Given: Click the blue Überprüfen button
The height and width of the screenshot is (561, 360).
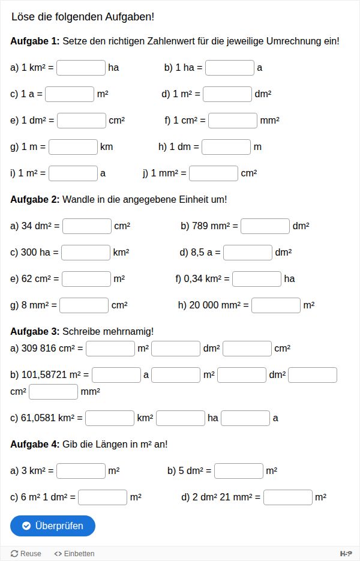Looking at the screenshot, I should coord(53,526).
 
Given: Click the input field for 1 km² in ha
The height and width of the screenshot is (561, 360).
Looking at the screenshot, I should coord(81,68).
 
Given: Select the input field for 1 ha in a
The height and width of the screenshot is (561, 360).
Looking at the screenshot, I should coord(230,68).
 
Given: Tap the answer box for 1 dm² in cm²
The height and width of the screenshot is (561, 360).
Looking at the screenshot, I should coord(82,121).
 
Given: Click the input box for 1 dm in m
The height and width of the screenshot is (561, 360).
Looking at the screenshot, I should coord(226,147).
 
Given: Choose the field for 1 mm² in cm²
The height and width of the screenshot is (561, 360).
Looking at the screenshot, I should coord(214,173).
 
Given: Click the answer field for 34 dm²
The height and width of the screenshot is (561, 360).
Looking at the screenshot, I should coord(87,226).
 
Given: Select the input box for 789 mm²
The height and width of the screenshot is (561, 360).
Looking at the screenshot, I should coord(265,226).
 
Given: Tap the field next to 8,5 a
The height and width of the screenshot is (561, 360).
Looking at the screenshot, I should coord(248,253).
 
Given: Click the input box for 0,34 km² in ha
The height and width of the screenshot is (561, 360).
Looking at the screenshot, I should coord(257,279).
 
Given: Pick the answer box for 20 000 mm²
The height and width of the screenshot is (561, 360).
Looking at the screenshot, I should coord(276,305).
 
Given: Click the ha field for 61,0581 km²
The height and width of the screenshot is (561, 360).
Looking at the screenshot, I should coord(181,418).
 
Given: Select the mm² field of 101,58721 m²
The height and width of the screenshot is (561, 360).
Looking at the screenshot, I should coord(53,392).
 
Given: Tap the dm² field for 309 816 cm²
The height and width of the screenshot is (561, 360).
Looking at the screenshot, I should coord(176,349).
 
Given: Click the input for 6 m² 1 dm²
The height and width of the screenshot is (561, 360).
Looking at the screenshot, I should coord(103,497).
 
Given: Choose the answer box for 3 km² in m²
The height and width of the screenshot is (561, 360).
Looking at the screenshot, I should coord(81,471).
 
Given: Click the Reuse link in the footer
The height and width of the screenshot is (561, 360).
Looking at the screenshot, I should coord(26,554).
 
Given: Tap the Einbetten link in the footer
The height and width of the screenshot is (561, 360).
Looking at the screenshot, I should coord(74,554).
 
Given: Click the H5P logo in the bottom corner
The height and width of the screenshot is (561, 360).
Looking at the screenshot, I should coord(346,554).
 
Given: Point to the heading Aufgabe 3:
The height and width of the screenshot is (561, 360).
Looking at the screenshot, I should coord(35,331).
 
